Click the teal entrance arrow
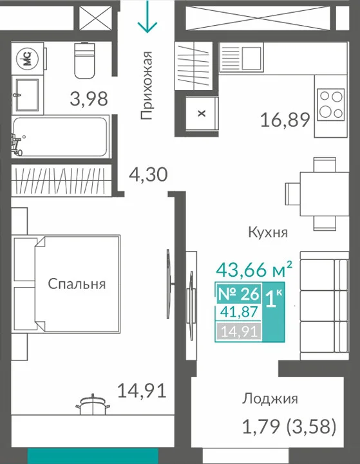pyautogui.click(x=147, y=16)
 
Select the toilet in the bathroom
pyautogui.click(x=84, y=60)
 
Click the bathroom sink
pyautogui.click(x=27, y=95)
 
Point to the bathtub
pyautogui.click(x=61, y=136)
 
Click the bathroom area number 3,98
pyautogui.click(x=89, y=99)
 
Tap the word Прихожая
pyautogui.click(x=147, y=85)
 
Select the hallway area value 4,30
pyautogui.click(x=148, y=174)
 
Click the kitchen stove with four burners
pyautogui.click(x=330, y=104)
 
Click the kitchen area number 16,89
pyautogui.click(x=285, y=120)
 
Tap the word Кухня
pyautogui.click(x=268, y=232)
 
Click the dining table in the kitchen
pyautogui.click(x=324, y=194)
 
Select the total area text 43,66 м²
pyautogui.click(x=254, y=269)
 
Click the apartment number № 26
pyautogui.click(x=239, y=293)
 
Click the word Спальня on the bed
pyautogui.click(x=77, y=284)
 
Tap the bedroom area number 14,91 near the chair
pyautogui.click(x=142, y=391)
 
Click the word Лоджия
pyautogui.click(x=270, y=398)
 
